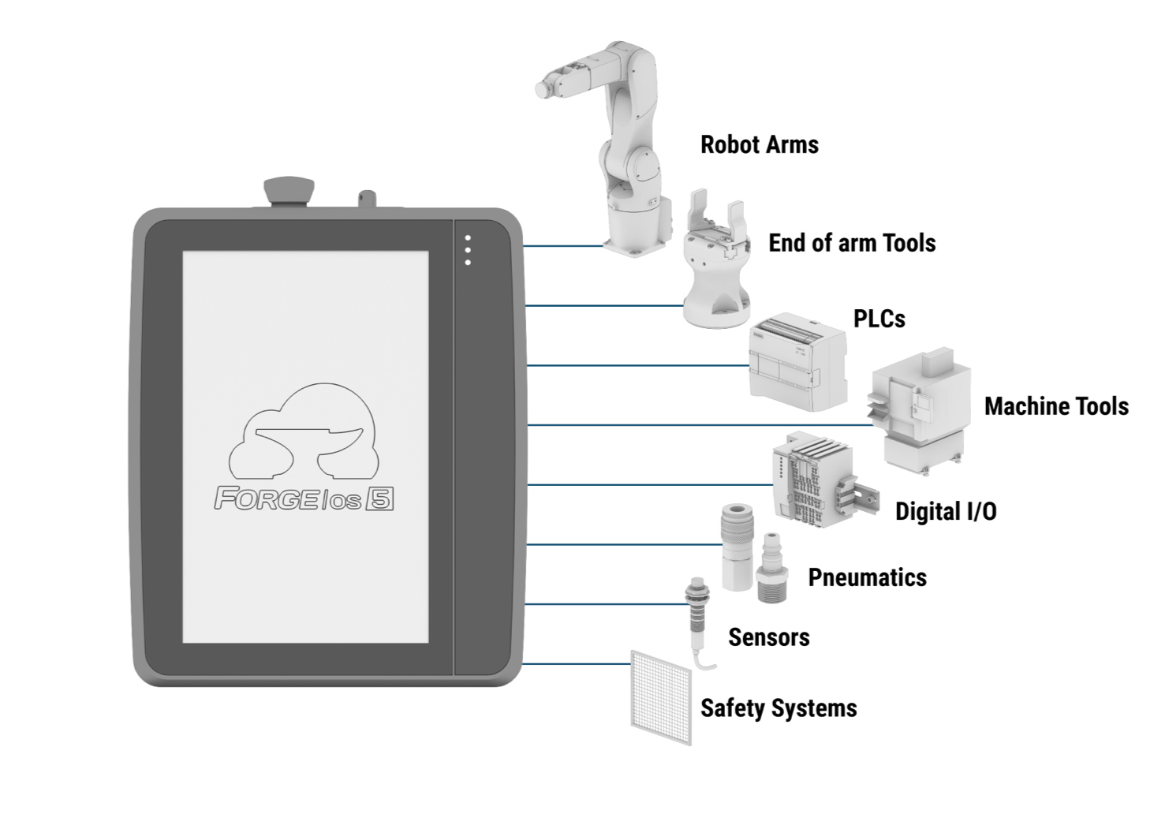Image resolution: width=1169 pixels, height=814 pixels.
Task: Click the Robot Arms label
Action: [760, 144]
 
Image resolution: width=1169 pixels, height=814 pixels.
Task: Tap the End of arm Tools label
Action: [852, 243]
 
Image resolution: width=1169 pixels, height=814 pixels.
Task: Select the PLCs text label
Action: [880, 319]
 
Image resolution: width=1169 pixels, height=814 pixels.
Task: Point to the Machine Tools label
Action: [1056, 406]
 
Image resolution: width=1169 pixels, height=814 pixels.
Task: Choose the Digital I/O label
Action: [946, 511]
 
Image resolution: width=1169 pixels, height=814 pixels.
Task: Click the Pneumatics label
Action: [868, 577]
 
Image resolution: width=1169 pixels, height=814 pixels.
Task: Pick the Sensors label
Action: [769, 637]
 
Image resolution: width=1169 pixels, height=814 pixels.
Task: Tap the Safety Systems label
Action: [779, 708]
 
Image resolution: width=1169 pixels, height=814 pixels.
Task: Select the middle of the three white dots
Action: [468, 251]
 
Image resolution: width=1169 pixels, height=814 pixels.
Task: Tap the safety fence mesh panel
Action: [661, 697]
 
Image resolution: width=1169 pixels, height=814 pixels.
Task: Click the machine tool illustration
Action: [920, 410]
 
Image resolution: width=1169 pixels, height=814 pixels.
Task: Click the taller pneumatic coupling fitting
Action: [737, 547]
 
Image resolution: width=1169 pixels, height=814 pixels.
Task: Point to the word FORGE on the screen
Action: [265, 498]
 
